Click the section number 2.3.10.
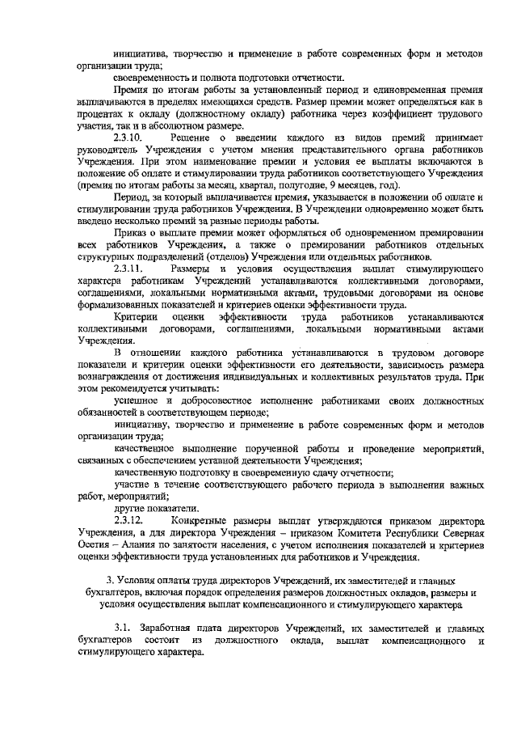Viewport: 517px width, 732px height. coord(129,139)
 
